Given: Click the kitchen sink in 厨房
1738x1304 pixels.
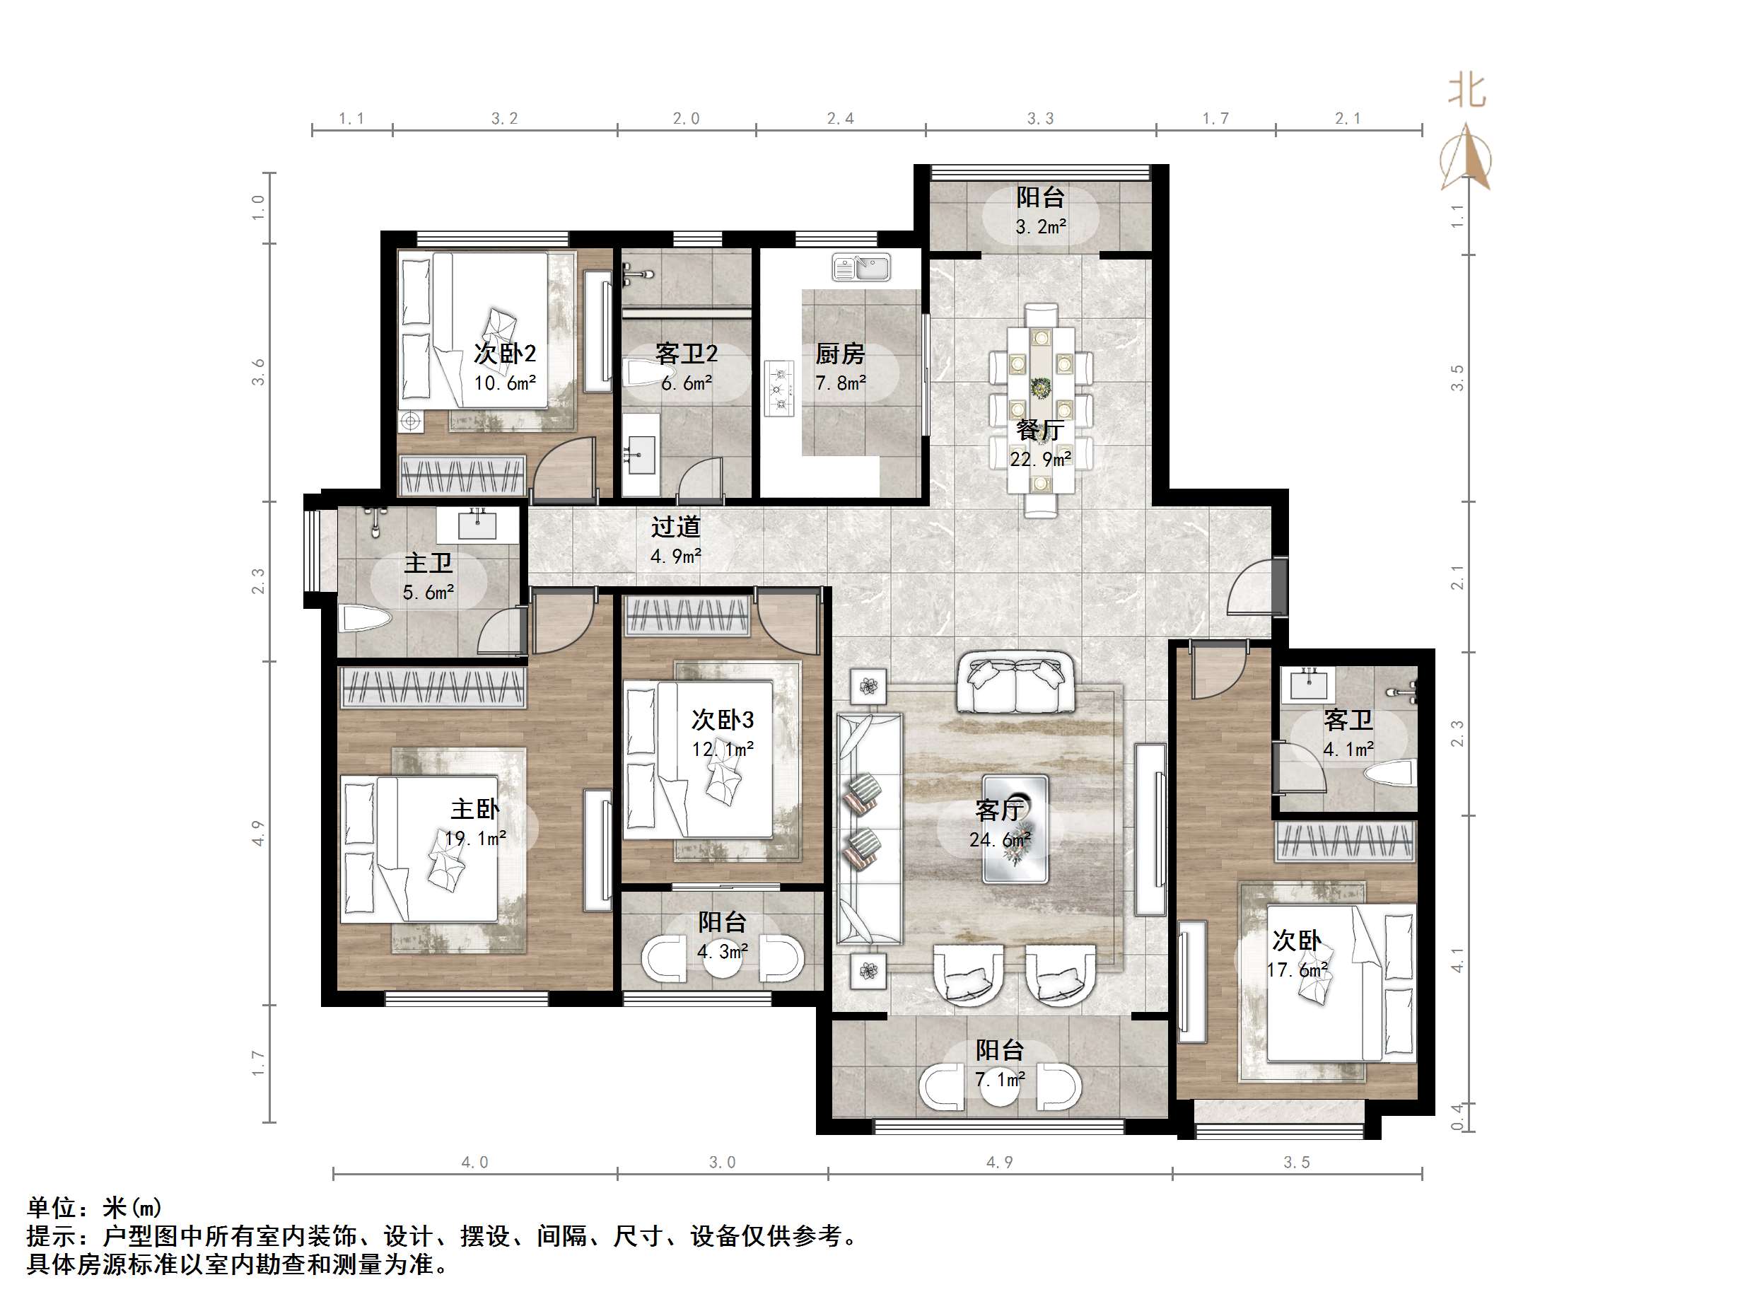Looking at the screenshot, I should (861, 268).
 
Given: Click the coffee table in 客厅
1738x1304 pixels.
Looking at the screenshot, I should (1015, 829).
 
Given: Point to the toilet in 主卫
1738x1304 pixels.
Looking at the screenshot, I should (365, 619).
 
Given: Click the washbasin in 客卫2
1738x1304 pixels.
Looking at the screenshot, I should (642, 454).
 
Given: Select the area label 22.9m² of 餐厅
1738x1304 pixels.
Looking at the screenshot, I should (1040, 459).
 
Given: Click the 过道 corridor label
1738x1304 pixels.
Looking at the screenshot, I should (675, 527).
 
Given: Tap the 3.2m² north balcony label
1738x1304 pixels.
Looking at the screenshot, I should (1040, 227).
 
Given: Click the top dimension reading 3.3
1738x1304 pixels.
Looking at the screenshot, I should (1040, 119).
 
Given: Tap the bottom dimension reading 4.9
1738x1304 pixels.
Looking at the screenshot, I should (999, 1163).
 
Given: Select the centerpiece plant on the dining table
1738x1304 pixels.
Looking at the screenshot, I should (1041, 388).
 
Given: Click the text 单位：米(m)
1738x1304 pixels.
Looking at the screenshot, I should (94, 1207).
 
